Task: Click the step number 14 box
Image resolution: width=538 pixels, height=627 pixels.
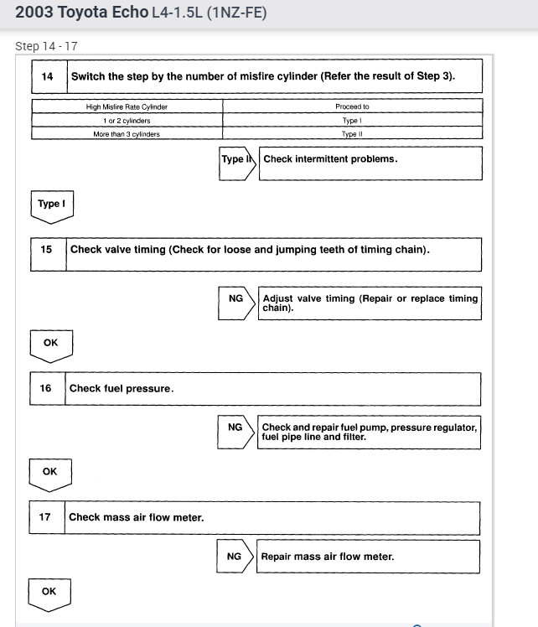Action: tap(48, 76)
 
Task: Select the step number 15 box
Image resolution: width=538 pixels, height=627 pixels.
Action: tap(47, 250)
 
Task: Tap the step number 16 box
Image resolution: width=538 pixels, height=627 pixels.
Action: tap(46, 388)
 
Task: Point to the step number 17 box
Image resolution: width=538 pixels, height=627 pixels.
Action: tap(45, 517)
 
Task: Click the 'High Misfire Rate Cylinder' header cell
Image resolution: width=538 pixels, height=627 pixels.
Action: tap(127, 106)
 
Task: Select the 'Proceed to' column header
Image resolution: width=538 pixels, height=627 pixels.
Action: tap(352, 106)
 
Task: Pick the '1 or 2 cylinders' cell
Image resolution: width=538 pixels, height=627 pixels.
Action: tap(127, 120)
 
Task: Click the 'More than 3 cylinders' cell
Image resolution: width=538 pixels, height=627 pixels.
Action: tap(127, 133)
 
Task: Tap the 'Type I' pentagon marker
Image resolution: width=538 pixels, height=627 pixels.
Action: tap(51, 205)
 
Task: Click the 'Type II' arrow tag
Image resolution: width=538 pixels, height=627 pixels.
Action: tap(235, 160)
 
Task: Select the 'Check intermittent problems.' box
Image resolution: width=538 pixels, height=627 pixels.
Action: tap(370, 163)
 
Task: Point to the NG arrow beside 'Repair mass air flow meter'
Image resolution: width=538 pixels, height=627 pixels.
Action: tap(235, 557)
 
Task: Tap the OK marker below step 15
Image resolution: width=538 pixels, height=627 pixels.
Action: tap(50, 343)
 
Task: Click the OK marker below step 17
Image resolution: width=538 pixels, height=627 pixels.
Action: tap(49, 592)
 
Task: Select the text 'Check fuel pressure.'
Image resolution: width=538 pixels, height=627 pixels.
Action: tap(122, 389)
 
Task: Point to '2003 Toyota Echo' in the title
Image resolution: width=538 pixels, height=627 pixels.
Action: tap(80, 13)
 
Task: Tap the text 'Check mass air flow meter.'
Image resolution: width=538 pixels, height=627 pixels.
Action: tap(137, 517)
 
